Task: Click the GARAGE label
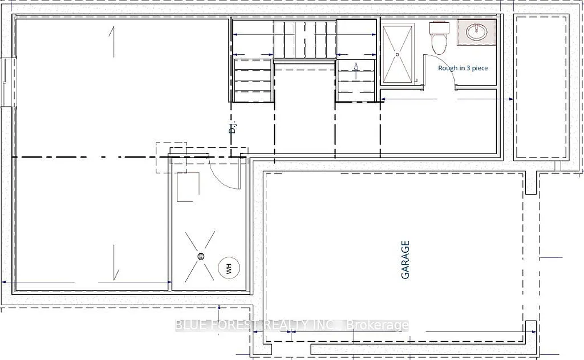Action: (x=406, y=260)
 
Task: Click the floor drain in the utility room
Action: (x=201, y=256)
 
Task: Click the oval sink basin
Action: (x=476, y=33)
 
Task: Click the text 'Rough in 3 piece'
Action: (x=463, y=68)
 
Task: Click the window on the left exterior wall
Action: (x=5, y=80)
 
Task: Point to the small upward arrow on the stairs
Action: (x=356, y=70)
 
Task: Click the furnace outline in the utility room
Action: (x=188, y=187)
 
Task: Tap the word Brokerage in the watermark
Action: (x=380, y=326)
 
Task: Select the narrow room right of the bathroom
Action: (x=542, y=87)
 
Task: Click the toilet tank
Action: (x=439, y=27)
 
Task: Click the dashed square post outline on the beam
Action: (x=172, y=157)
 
